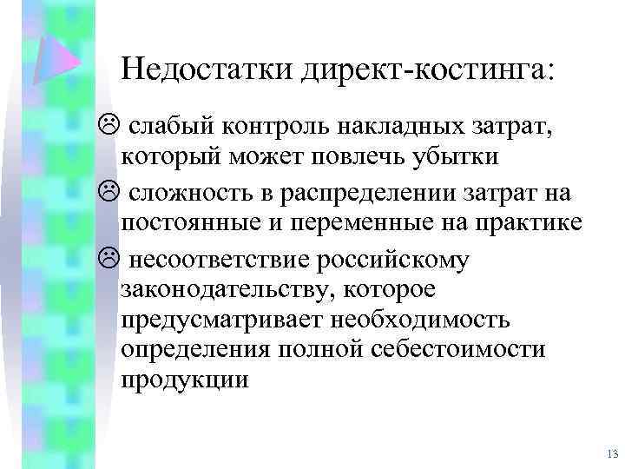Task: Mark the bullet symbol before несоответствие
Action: click(x=109, y=256)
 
